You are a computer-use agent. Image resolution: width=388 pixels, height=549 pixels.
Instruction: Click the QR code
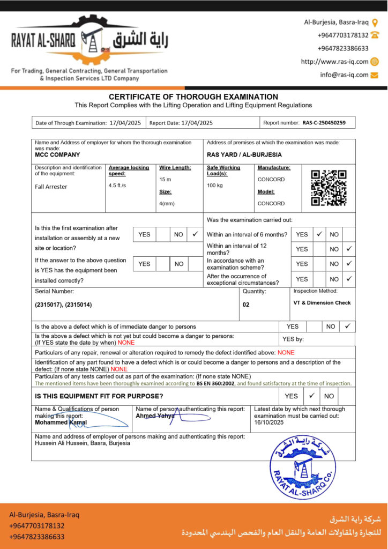(329, 188)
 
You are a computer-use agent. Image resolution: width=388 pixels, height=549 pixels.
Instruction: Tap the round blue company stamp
(303, 468)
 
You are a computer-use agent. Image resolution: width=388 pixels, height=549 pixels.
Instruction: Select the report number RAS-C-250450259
(324, 123)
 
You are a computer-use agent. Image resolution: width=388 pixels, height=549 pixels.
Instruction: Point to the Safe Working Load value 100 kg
(215, 186)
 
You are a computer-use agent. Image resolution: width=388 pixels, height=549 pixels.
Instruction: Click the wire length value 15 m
(165, 179)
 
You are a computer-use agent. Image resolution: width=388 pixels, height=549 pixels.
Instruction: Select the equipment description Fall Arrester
(51, 187)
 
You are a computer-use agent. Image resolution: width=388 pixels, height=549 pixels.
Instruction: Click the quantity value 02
(246, 303)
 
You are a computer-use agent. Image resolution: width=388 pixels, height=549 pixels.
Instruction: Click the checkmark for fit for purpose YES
(311, 396)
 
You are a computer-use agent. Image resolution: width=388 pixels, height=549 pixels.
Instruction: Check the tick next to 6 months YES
(319, 234)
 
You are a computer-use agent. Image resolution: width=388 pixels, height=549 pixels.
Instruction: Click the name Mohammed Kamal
(61, 422)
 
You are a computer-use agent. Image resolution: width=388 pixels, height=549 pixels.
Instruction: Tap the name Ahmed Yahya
(155, 416)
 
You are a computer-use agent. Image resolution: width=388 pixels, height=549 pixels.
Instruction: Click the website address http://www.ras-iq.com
(335, 62)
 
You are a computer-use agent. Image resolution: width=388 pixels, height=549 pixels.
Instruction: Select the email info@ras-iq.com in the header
(345, 75)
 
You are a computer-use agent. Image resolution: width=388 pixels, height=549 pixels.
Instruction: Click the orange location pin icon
(375, 23)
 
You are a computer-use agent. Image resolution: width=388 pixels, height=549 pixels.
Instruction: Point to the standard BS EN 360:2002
(216, 383)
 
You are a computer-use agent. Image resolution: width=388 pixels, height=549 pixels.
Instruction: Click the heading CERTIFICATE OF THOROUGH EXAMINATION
(193, 97)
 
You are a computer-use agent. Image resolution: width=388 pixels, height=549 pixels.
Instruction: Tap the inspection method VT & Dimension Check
(322, 303)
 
